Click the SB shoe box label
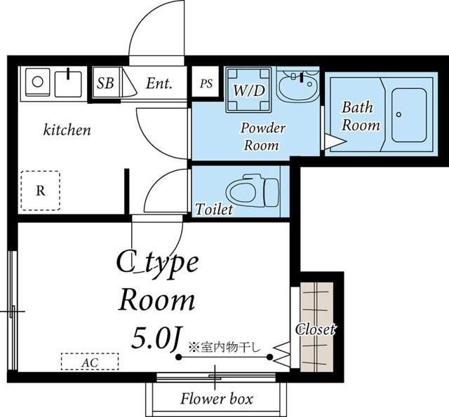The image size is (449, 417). coord(105,83)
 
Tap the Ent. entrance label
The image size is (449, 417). coord(159,83)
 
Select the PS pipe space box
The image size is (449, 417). coord(206,83)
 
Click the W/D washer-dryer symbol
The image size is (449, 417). coord(248,90)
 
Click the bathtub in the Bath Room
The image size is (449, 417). coord(408,115)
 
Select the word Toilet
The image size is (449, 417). coord(213,210)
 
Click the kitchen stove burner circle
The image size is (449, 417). coord(37,81)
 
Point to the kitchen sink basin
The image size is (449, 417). coord(68,83)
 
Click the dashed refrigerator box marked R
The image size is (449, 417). coord(41,191)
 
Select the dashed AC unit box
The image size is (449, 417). coord(90,362)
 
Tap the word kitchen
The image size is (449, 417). coord(67,130)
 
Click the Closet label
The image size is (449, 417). coord(315,329)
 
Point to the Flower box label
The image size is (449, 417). coord(217,399)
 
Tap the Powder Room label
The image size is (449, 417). coord(262,137)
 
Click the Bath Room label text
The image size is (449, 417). coord(361,116)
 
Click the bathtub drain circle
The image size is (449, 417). coord(399,114)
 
